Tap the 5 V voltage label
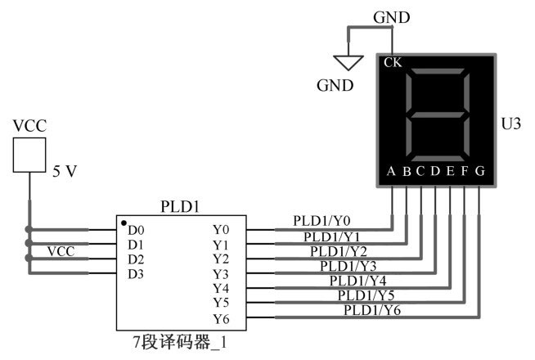[65, 171]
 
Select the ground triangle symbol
[348, 63]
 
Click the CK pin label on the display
[393, 62]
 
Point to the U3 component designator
[510, 124]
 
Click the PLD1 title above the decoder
[180, 206]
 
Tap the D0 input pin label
[136, 231]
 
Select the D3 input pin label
[136, 274]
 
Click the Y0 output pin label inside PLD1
[221, 230]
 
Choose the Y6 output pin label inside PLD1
[221, 319]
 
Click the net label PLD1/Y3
[348, 266]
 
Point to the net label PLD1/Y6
[372, 310]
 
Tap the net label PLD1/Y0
[321, 221]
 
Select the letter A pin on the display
[391, 171]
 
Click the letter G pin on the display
[480, 171]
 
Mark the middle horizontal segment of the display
[438, 115]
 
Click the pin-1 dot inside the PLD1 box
[124, 223]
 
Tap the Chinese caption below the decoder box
[180, 342]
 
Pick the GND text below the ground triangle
[335, 85]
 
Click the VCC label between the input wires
[61, 251]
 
